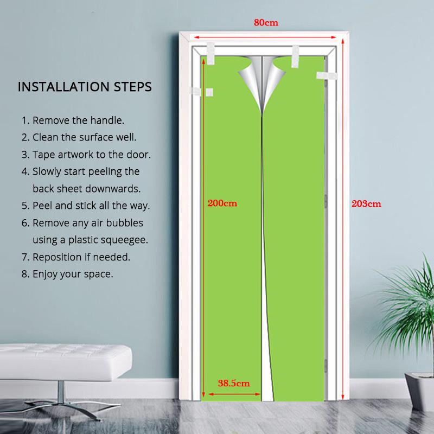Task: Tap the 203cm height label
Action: (367, 204)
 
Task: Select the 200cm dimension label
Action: (222, 204)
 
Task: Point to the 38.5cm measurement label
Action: (234, 382)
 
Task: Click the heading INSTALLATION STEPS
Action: (85, 87)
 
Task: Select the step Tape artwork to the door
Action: (86, 154)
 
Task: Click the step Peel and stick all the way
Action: (85, 206)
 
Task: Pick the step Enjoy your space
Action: (67, 274)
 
